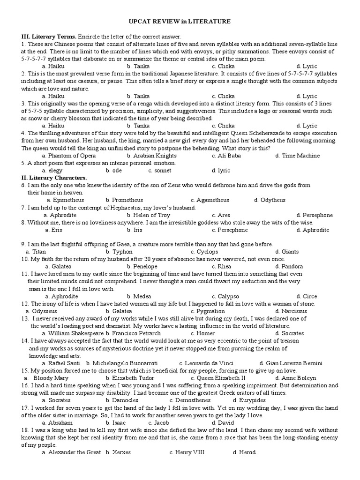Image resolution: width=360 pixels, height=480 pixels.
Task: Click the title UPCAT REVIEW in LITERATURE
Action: point(180,22)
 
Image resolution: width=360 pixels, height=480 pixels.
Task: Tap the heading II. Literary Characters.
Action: point(54,178)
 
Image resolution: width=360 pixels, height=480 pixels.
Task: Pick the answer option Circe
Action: point(309,296)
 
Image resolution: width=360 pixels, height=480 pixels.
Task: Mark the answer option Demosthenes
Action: point(190,400)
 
